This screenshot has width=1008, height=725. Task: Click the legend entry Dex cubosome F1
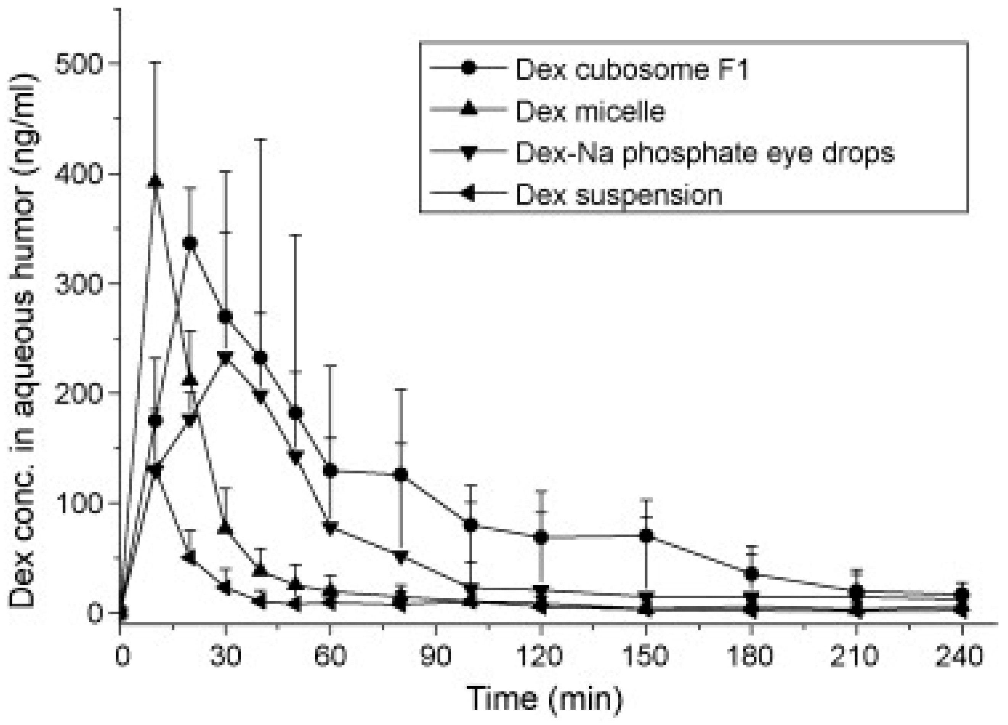631,70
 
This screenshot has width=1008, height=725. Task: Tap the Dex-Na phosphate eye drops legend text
705,153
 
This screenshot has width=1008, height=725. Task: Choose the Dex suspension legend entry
619,195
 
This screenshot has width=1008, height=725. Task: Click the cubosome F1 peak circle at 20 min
190,244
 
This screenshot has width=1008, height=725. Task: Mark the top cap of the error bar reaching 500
155,63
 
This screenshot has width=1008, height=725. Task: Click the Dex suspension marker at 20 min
190,557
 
